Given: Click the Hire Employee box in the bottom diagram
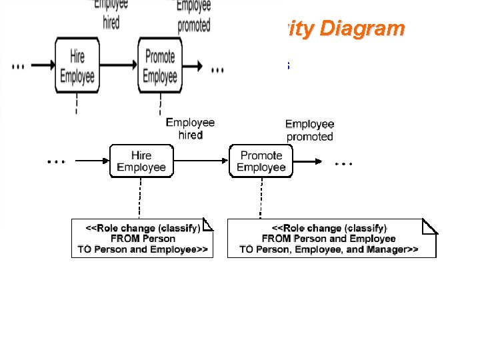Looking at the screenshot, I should (141, 161).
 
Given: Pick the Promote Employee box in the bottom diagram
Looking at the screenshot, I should (261, 161).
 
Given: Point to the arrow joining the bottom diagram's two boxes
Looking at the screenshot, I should (201, 161).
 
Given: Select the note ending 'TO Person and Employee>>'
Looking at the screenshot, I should (142, 239).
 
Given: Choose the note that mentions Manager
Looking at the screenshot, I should (331, 239).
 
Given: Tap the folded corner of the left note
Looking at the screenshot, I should (208, 225).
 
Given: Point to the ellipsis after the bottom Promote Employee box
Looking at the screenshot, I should (344, 162).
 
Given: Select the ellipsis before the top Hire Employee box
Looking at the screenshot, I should (19, 67).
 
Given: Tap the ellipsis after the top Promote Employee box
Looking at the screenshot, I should (217, 69).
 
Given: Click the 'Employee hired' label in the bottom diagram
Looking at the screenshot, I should (190, 129).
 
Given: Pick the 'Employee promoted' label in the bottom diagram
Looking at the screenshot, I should (309, 130).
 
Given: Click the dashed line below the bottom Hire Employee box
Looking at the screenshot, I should (140, 197).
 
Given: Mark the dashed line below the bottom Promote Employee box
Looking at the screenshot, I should (260, 197).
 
